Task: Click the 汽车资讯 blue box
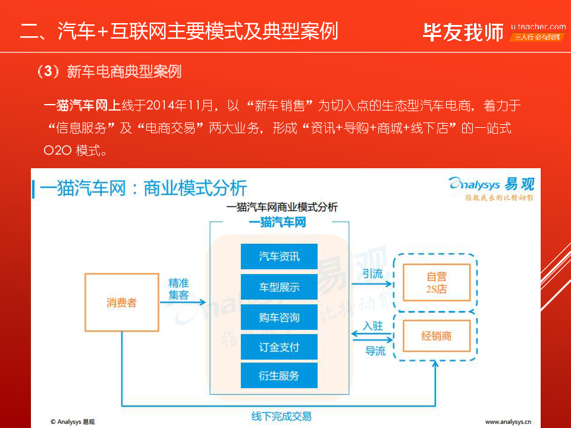click(279, 257)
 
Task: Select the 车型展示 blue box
click(279, 287)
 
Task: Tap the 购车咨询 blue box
click(279, 317)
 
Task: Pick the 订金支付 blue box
click(279, 347)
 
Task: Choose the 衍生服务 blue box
click(279, 376)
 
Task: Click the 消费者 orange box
click(121, 303)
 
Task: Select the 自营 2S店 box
click(437, 283)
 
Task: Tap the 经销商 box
click(437, 336)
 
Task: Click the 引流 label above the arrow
click(373, 274)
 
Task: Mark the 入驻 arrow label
click(373, 326)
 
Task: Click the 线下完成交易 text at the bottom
click(281, 416)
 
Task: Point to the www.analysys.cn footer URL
click(508, 421)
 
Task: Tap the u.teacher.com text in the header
click(538, 27)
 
